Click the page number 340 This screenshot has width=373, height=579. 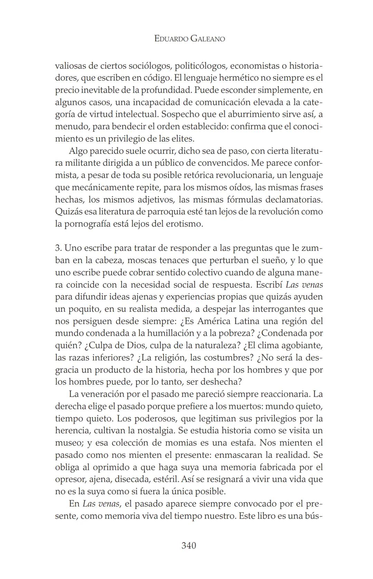pyautogui.click(x=189, y=546)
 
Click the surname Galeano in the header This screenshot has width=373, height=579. pyautogui.click(x=208, y=39)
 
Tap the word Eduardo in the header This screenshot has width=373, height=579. pyautogui.click(x=171, y=39)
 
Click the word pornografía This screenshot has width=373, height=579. pyautogui.click(x=91, y=224)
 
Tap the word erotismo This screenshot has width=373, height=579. pyautogui.click(x=186, y=224)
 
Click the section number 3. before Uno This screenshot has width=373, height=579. pyautogui.click(x=58, y=248)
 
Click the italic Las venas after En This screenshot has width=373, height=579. pyautogui.click(x=101, y=504)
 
